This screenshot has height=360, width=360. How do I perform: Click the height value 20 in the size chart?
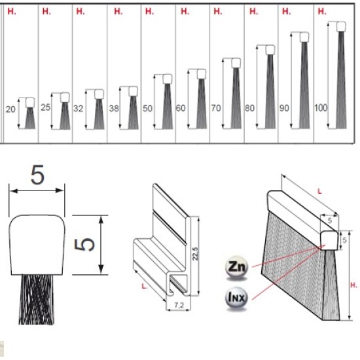(x=10, y=109)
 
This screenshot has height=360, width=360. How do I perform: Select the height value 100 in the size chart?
(x=321, y=108)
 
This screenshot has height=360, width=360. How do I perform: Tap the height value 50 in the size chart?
(x=147, y=108)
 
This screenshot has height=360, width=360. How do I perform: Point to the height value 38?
(x=114, y=108)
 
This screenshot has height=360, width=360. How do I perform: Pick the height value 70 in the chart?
(x=216, y=108)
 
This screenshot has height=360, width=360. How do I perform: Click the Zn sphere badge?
(x=237, y=267)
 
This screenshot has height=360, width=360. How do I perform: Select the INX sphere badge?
(x=237, y=298)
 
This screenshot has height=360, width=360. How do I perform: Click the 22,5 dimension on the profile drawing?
(x=195, y=253)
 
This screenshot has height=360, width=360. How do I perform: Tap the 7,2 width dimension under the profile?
(x=179, y=305)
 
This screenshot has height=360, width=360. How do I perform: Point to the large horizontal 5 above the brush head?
(x=37, y=175)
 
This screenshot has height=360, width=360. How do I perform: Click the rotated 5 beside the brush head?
(x=84, y=245)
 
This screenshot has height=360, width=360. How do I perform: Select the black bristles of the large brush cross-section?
(x=37, y=299)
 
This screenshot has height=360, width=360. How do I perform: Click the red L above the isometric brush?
(x=319, y=191)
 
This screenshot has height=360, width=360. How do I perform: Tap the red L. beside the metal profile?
(x=144, y=286)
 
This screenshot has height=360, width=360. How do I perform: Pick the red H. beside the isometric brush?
(x=354, y=285)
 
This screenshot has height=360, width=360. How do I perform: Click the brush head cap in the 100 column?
(x=341, y=27)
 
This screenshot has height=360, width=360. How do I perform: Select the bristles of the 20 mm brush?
(x=30, y=118)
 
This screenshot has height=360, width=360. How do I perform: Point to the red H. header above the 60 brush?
(x=185, y=11)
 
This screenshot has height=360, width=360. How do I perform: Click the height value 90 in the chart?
(x=284, y=108)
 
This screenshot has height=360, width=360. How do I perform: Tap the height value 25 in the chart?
(x=45, y=107)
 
